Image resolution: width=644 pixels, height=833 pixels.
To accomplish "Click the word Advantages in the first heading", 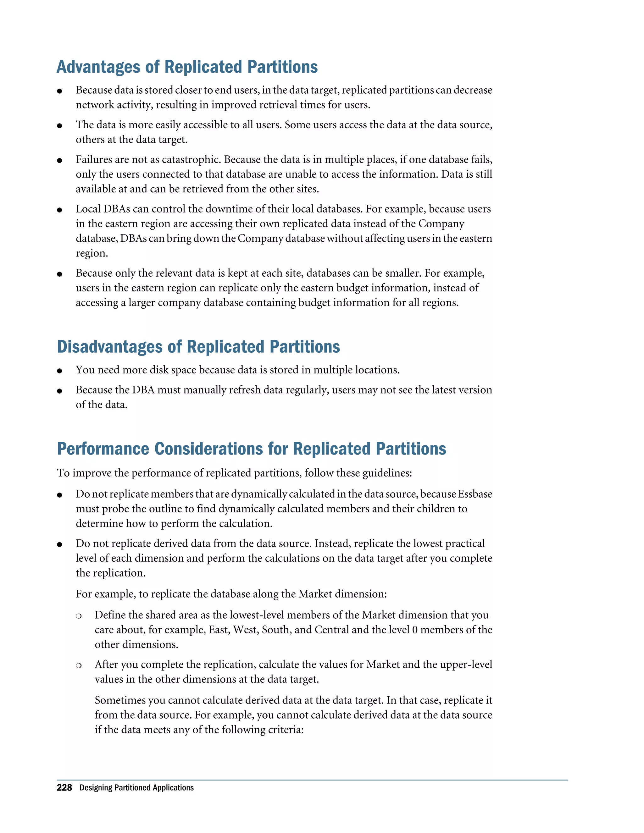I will pyautogui.click(x=98, y=67).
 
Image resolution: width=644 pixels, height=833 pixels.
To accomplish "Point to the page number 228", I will pyautogui.click(x=64, y=788).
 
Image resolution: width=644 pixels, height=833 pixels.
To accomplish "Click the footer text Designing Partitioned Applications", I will pyautogui.click(x=136, y=788).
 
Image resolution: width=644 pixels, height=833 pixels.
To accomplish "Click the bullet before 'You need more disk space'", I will pyautogui.click(x=59, y=371).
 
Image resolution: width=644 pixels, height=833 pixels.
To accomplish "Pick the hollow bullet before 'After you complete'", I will pyautogui.click(x=79, y=665).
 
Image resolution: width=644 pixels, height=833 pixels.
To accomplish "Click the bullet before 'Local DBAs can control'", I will pyautogui.click(x=59, y=210).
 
